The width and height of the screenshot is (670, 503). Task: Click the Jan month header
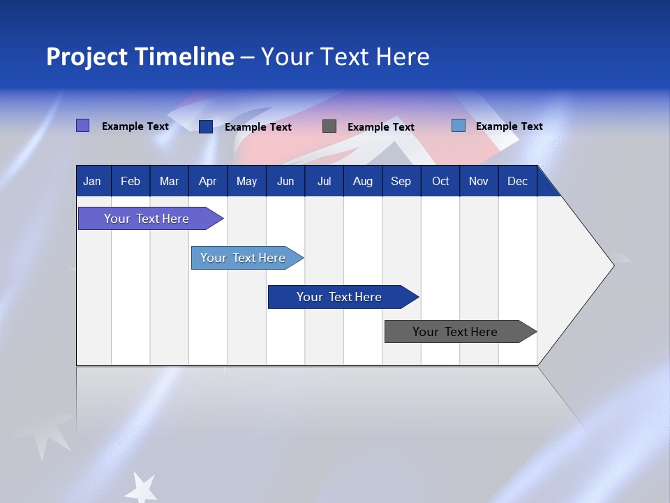(x=92, y=182)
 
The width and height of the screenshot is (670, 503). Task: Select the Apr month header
(x=207, y=182)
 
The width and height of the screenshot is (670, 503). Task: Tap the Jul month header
(x=324, y=182)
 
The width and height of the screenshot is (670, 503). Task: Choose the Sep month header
(x=401, y=182)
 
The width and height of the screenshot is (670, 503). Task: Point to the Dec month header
(x=517, y=182)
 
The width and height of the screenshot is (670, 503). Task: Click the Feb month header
(x=131, y=182)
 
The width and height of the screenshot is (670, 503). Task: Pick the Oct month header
(x=440, y=182)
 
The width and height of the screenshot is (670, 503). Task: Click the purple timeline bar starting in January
(x=147, y=219)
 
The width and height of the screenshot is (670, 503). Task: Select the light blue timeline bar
(x=243, y=258)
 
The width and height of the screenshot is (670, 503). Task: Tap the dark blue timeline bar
(x=339, y=297)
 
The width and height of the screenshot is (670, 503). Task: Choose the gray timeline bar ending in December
(x=455, y=332)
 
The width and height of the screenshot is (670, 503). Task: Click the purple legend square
(x=83, y=126)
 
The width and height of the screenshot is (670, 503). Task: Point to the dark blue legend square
(x=206, y=126)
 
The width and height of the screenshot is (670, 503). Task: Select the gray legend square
(x=329, y=126)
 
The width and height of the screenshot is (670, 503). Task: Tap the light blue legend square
(x=459, y=126)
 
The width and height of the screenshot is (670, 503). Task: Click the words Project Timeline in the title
(x=140, y=57)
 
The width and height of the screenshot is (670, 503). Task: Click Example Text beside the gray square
(x=380, y=127)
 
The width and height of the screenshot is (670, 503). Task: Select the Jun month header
(x=285, y=182)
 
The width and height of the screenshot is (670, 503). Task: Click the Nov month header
(x=479, y=182)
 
